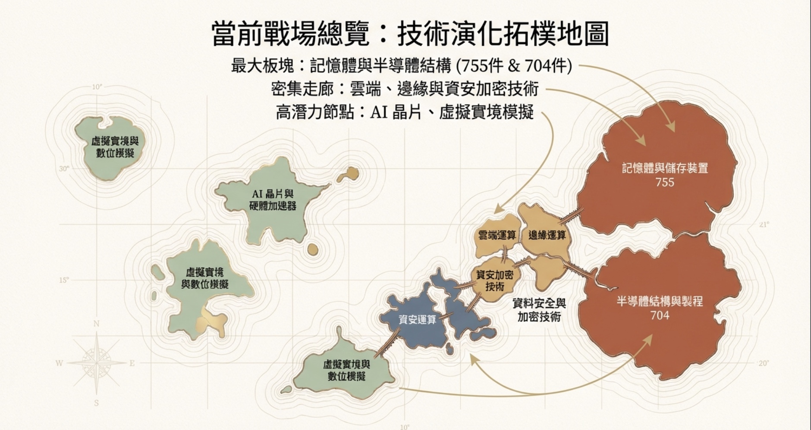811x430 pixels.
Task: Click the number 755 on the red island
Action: (x=664, y=182)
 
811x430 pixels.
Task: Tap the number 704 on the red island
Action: (x=660, y=315)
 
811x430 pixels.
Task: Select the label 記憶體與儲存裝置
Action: (x=665, y=168)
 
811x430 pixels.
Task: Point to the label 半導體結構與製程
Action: (x=660, y=301)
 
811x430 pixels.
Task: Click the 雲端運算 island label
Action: (x=497, y=235)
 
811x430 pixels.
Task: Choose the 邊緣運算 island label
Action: (x=547, y=235)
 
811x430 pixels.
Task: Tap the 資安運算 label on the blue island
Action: (x=417, y=320)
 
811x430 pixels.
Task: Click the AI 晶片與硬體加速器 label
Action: (x=273, y=200)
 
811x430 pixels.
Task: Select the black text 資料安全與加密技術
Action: (x=539, y=310)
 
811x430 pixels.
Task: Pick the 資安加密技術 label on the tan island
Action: (x=495, y=280)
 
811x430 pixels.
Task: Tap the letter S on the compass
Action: (x=97, y=403)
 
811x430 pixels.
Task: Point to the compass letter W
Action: (x=59, y=363)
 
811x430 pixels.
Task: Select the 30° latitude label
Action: (x=64, y=169)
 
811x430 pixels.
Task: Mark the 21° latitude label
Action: (x=764, y=225)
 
